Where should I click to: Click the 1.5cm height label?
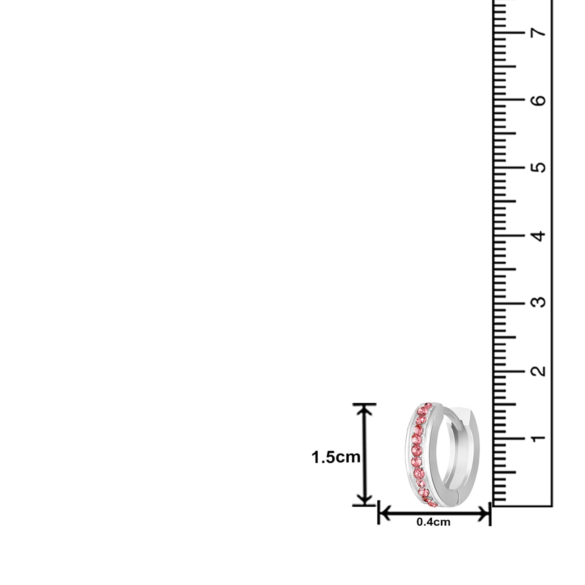click(336, 457)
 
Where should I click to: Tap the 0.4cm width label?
click(433, 522)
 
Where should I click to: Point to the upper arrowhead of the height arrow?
click(365, 410)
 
